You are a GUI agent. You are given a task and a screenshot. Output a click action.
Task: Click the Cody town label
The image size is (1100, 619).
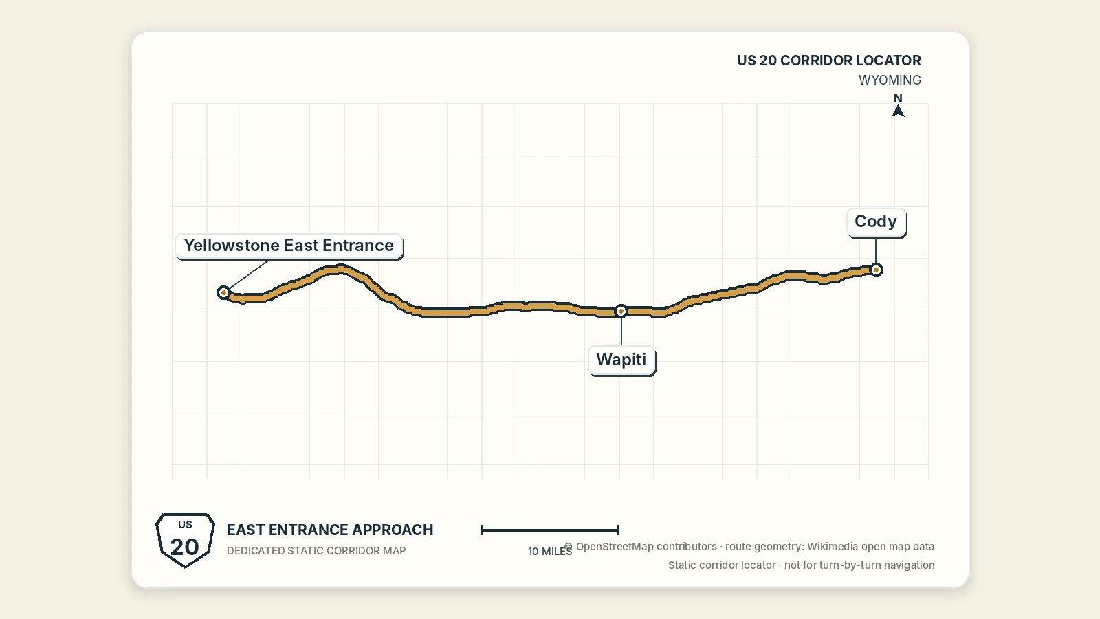coord(876,222)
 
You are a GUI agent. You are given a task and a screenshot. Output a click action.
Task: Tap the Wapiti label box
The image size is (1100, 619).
coord(621,360)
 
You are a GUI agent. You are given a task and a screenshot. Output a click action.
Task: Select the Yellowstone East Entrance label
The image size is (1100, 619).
coord(289,246)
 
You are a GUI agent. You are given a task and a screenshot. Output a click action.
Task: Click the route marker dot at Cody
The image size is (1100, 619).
coord(876,270)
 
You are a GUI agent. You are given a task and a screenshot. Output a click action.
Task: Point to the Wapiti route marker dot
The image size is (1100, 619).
coord(621,311)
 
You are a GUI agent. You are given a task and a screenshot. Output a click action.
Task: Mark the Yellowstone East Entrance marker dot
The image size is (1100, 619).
coord(224,293)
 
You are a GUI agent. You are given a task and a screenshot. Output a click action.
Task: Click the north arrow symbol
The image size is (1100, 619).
coord(898,111)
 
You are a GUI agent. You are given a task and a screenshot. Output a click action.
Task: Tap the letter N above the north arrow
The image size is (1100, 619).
coord(898,98)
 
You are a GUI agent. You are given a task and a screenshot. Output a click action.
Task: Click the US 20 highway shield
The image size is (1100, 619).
coord(185,540)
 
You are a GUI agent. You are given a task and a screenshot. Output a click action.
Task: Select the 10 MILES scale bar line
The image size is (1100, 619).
coord(550,530)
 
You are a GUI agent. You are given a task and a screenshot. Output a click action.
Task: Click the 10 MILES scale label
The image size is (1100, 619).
coord(550,551)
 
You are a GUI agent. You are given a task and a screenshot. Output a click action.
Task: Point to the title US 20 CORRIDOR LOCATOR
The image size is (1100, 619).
coord(829,61)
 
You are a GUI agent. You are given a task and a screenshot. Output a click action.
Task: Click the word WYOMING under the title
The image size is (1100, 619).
coord(890,80)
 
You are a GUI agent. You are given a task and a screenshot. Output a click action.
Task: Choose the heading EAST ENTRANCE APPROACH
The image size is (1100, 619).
coord(330,530)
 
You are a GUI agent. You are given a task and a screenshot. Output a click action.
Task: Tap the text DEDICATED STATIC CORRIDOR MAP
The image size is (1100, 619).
coord(316,551)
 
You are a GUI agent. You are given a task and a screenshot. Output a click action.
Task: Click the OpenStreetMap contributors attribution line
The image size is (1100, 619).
coord(749,546)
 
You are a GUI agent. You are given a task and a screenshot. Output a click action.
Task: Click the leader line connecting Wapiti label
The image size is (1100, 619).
coord(621,332)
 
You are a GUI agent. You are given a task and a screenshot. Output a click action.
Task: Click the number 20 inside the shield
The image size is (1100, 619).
coord(185,547)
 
